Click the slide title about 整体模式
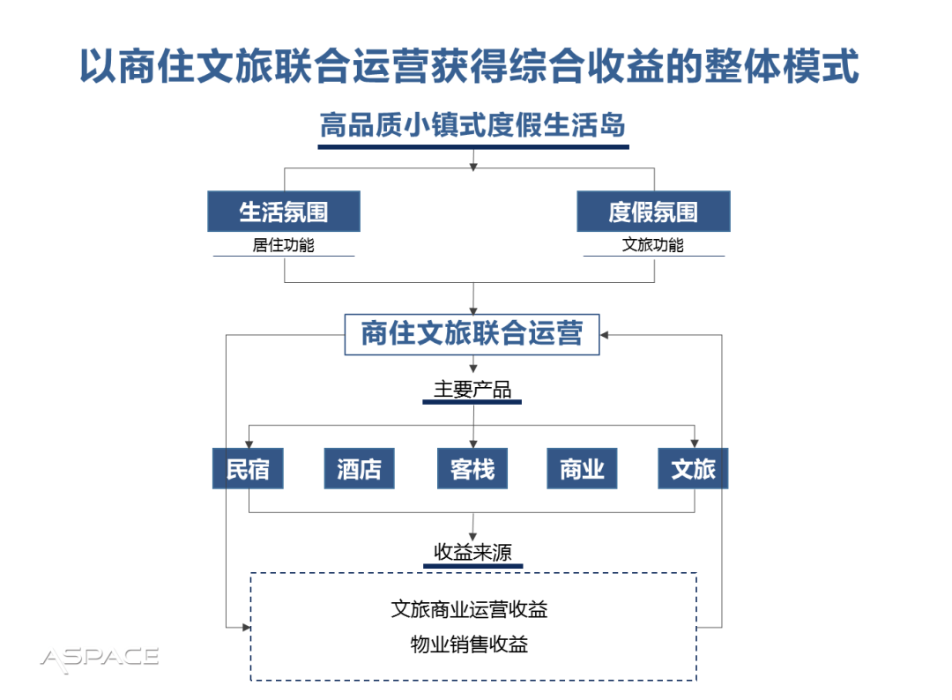[469, 67]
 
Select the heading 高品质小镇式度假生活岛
[472, 126]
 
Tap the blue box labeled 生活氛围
[284, 212]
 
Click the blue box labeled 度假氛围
[653, 212]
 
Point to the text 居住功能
[283, 245]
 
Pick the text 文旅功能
[653, 245]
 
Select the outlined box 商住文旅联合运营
[472, 334]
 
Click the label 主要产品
[472, 390]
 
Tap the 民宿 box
[248, 468]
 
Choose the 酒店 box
[359, 468]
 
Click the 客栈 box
[472, 468]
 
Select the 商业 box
[582, 468]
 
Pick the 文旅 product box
[693, 468]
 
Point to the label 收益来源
[472, 553]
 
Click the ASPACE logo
[100, 657]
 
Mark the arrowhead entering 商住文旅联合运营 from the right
[606, 335]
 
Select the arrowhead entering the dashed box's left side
[246, 627]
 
